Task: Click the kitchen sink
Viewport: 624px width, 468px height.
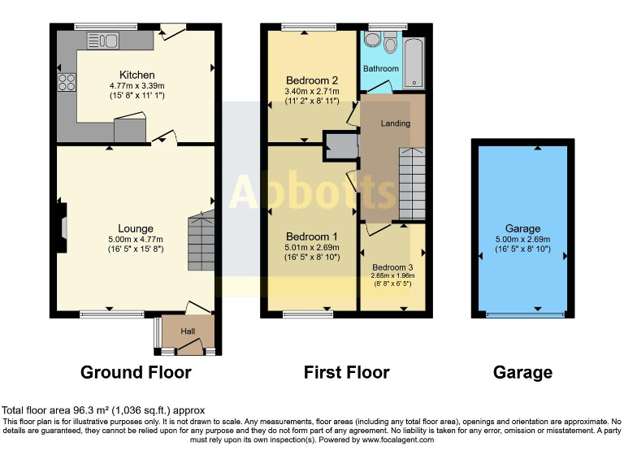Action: pos(102,39)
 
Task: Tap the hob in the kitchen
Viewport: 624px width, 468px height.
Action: pos(67,82)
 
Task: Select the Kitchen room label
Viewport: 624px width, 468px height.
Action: pos(136,75)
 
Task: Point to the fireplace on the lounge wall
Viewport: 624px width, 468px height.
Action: pos(60,221)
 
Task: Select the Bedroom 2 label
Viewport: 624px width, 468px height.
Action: pos(312,80)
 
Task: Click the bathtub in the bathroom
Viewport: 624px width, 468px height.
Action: pos(414,62)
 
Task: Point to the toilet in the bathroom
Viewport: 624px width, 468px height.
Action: pos(389,44)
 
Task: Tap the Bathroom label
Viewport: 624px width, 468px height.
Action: pos(381,69)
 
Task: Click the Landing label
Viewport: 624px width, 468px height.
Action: pos(396,123)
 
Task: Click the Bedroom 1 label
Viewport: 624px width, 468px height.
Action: pos(311,236)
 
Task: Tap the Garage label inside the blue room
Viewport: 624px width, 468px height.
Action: pos(522,228)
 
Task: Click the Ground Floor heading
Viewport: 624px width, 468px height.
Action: pos(136,372)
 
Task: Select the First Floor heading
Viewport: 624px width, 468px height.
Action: pos(346,372)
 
